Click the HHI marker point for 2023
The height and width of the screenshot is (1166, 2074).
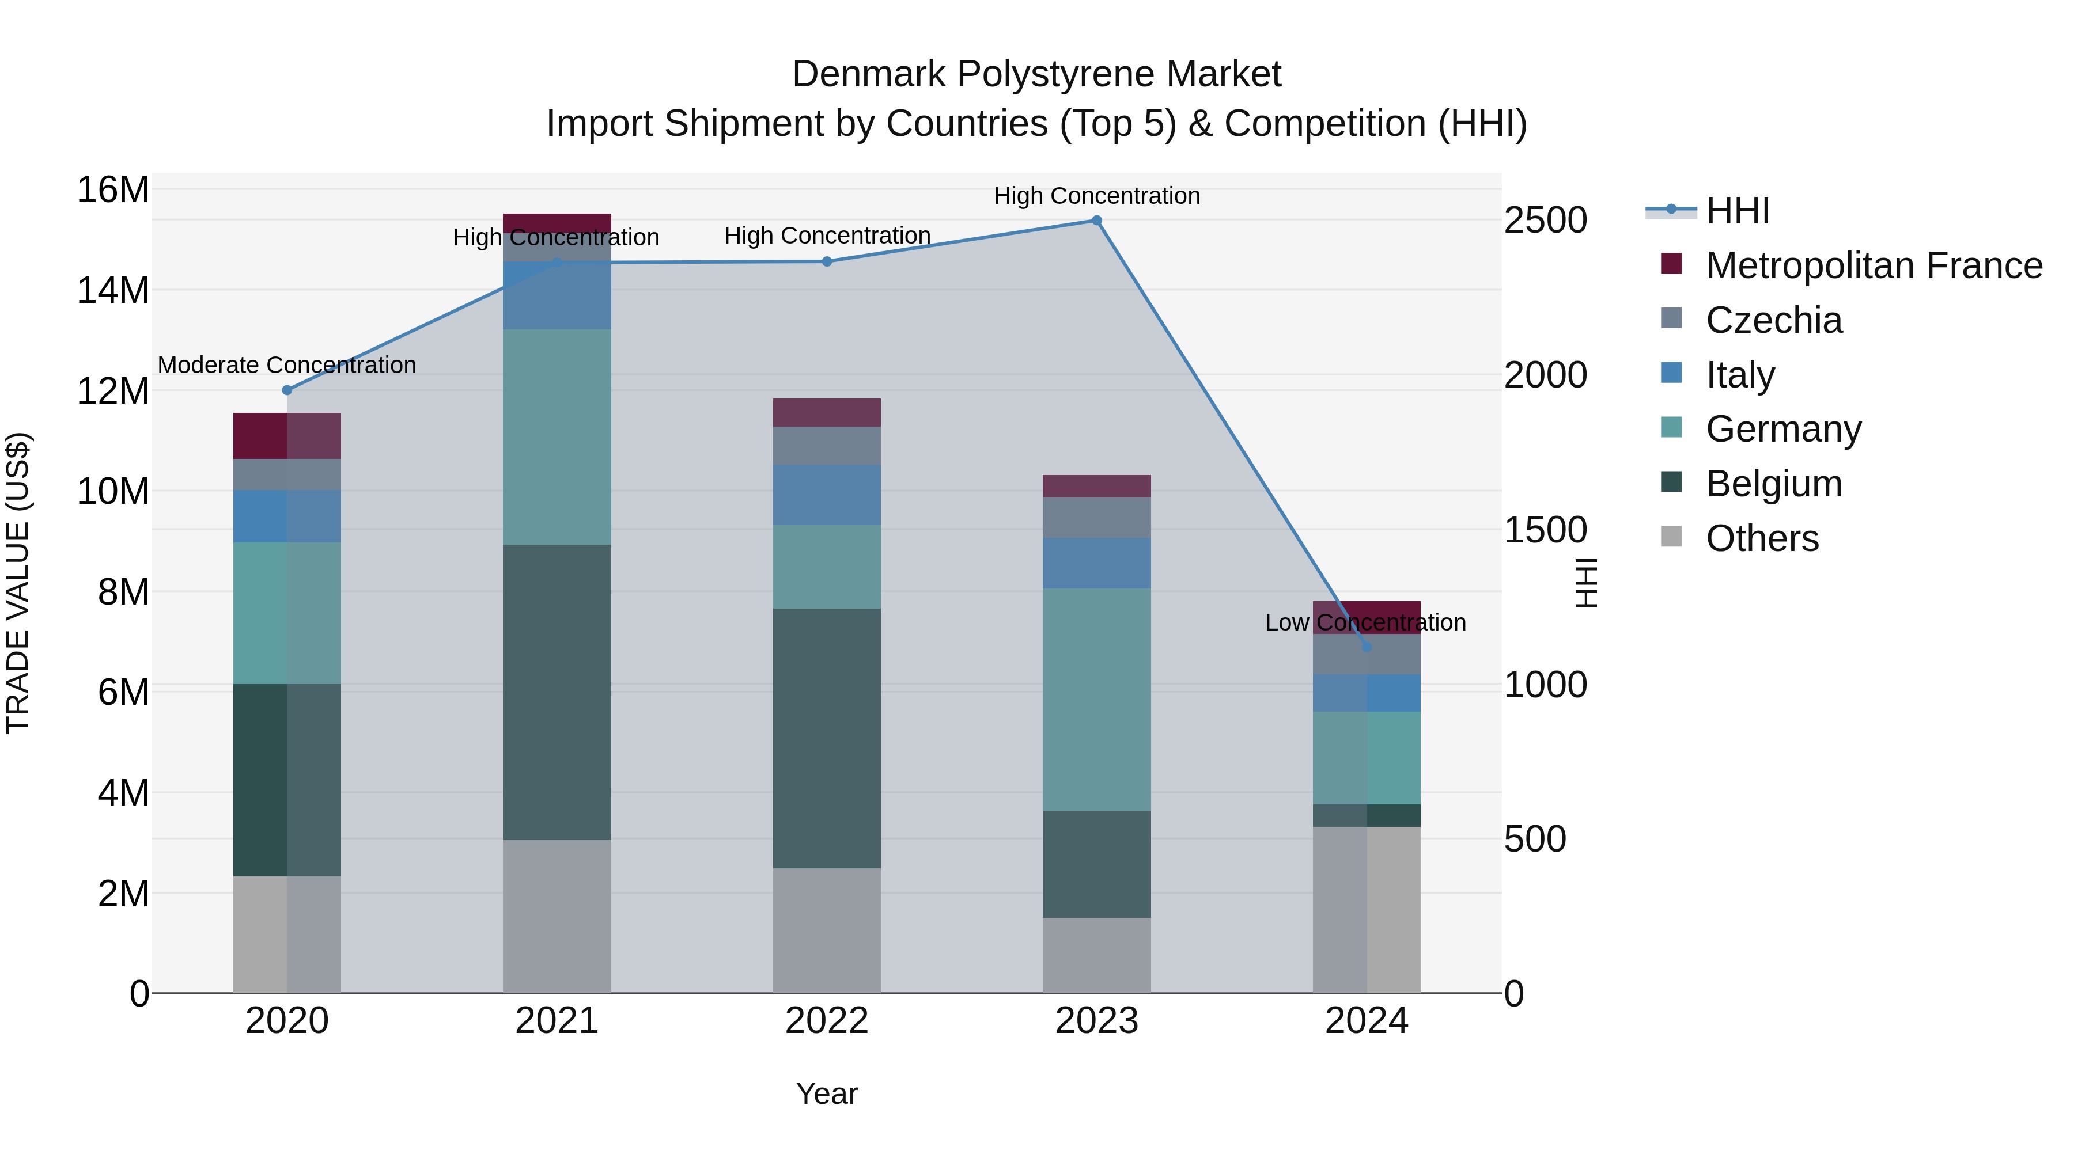pos(1096,221)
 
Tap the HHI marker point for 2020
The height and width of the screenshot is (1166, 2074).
pos(287,390)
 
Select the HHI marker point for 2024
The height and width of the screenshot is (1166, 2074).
pos(1367,647)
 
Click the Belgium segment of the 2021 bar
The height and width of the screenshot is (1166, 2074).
pos(557,692)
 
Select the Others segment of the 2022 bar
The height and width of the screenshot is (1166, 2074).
pos(827,930)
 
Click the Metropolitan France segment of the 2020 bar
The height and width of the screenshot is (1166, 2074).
pos(287,436)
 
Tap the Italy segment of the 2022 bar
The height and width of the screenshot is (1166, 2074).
pos(827,495)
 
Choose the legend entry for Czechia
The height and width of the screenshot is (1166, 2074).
pos(1774,320)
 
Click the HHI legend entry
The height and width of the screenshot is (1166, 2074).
pos(1738,211)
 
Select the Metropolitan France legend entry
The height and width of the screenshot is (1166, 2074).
pos(1874,265)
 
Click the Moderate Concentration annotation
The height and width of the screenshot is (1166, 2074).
pos(287,365)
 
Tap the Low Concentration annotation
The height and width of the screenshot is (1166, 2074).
pos(1365,623)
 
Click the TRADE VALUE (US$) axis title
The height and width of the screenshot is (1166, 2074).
pos(18,583)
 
